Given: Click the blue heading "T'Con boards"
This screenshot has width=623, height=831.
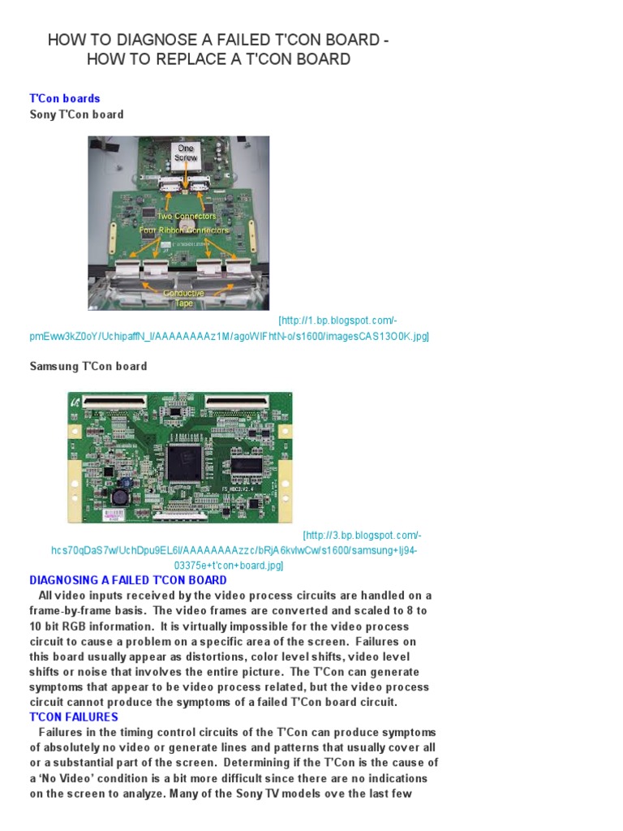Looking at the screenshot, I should point(65,98).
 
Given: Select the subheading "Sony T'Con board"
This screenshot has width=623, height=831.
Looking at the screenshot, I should point(76,114).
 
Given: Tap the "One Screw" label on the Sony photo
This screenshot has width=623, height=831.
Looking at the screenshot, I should point(186,153).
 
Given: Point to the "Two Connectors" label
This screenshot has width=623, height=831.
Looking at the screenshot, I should point(187,217).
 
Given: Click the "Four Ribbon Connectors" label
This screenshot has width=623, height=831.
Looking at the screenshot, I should point(184,230).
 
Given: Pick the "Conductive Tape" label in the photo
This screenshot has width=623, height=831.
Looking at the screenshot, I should point(183,298).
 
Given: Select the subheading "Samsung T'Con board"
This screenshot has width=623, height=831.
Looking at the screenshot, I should point(88,366).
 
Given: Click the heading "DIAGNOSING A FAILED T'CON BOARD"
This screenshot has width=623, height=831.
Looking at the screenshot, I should point(128,580).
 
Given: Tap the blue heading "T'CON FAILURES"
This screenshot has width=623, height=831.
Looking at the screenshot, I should point(74,717).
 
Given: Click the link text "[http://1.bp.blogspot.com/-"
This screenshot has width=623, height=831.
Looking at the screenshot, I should point(337,321).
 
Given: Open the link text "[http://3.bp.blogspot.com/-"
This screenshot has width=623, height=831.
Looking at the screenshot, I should point(362,536).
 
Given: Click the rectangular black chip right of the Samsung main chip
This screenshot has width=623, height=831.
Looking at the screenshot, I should point(246,465).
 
